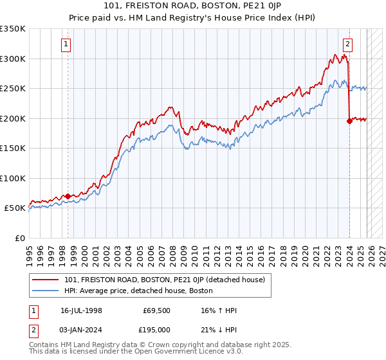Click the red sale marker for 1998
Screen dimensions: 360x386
[x=68, y=196]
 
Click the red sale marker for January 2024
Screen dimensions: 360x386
[x=349, y=121]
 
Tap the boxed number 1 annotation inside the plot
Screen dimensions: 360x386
[x=67, y=44]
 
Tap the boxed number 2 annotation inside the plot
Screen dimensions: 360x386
[x=347, y=44]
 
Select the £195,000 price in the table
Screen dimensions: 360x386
[x=156, y=329]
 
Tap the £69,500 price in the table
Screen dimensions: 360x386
[x=156, y=310]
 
